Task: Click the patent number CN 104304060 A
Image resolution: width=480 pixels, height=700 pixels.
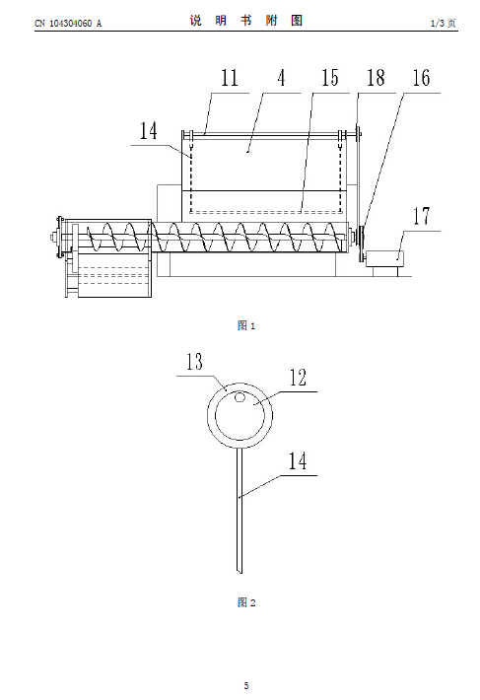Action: coord(68,24)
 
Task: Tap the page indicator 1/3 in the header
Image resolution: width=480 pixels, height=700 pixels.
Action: coord(438,24)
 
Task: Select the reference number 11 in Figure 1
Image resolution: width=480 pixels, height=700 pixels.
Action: coord(230,78)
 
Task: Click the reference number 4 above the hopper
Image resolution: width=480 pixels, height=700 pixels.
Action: coord(281,78)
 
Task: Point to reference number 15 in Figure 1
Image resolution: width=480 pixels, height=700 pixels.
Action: coord(330,78)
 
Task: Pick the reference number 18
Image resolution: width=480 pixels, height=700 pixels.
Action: coord(376,78)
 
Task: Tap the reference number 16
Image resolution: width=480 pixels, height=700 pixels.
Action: coord(421,78)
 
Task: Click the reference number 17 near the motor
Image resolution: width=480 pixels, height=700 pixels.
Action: coord(421,216)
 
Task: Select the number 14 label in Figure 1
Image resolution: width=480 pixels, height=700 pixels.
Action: coord(149,131)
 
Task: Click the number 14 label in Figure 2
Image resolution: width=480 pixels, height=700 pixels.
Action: coord(298,460)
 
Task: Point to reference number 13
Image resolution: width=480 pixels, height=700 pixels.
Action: coord(194,362)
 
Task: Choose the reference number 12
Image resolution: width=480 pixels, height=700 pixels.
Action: coord(298,378)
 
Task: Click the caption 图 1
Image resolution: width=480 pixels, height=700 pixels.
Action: coord(246,325)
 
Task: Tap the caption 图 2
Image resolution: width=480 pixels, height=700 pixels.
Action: coord(246,602)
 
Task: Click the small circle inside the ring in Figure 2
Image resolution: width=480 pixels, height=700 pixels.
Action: coord(240,397)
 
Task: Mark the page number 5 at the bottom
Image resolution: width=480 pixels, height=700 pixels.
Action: coord(246,686)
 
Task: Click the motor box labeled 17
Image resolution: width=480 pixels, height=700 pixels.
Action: coord(384,259)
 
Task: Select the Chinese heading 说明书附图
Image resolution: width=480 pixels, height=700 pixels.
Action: coord(246,21)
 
